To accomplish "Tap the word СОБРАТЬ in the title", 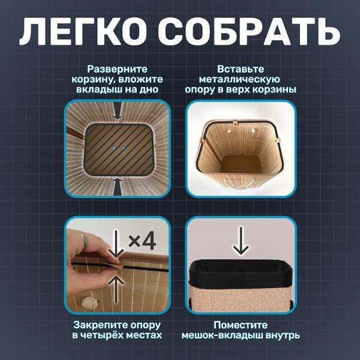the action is pos(249,31).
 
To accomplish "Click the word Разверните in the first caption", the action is pos(118,70).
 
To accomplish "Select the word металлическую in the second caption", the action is pos(239,79).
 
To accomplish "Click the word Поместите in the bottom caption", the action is pos(241,325).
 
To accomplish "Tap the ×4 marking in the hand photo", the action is pos(142,242).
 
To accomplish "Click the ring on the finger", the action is pos(84,242).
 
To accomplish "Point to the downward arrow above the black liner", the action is pos(241,241).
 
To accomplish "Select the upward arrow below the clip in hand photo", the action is pos(116,289).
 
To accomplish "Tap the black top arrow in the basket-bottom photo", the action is pos(118,110).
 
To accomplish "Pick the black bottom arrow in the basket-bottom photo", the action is pos(118,186).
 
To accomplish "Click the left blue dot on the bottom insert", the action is pos(113,148).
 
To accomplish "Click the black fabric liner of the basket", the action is pos(241,273).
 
